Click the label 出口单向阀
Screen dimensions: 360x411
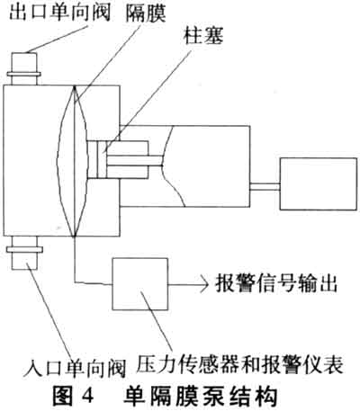tap(59, 13)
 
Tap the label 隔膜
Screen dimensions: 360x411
tap(146, 13)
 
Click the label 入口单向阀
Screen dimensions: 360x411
tap(75, 368)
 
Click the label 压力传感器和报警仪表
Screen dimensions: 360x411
tap(239, 363)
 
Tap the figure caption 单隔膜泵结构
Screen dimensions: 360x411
tap(200, 397)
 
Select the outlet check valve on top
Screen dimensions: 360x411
tap(24, 68)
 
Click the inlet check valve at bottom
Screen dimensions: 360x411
tap(24, 253)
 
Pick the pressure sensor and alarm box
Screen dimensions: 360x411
tap(139, 283)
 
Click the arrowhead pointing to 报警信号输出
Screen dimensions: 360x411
tap(204, 283)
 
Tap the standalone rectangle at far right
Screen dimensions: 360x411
tap(319, 183)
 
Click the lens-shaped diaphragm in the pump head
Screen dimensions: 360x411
tap(74, 161)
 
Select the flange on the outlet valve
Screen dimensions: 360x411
tap(24, 74)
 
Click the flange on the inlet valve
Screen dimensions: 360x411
tap(24, 249)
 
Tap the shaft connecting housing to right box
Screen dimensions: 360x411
tap(265, 186)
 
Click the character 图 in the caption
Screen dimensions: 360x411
tap(63, 397)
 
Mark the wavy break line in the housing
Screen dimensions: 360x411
tap(170, 166)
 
